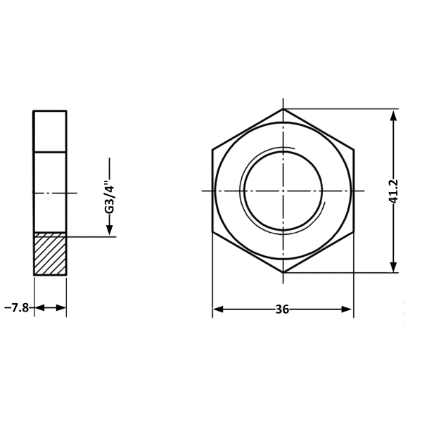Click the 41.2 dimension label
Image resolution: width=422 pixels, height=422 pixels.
pyautogui.click(x=393, y=191)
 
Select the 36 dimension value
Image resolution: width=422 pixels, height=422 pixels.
pyautogui.click(x=282, y=309)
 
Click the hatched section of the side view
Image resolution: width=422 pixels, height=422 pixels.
pyautogui.click(x=50, y=254)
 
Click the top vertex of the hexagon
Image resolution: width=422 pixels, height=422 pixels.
pyautogui.click(x=283, y=109)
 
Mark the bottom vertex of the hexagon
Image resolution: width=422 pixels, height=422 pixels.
pyautogui.click(x=283, y=273)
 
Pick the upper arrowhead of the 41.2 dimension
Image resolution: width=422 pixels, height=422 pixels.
pyautogui.click(x=393, y=116)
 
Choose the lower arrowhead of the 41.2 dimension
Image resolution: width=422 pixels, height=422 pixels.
pyautogui.click(x=393, y=266)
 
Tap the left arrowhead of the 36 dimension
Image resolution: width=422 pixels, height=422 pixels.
pyautogui.click(x=218, y=309)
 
